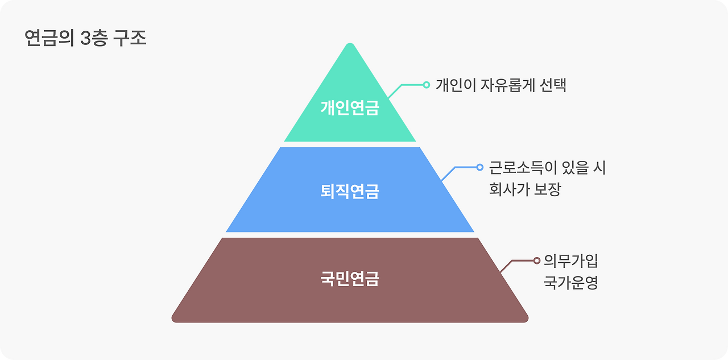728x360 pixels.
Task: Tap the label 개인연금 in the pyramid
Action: tap(349, 107)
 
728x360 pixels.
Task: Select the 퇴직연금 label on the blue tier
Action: tap(349, 191)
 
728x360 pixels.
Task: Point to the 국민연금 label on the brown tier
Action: tap(349, 279)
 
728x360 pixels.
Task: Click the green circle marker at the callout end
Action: tap(426, 85)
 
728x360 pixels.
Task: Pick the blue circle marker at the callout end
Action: tap(479, 167)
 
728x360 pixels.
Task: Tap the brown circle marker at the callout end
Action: tap(536, 260)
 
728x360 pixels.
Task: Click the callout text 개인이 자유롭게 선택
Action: tap(501, 85)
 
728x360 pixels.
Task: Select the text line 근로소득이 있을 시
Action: tap(547, 168)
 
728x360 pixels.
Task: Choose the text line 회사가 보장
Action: tap(525, 189)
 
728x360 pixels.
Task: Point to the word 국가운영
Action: tap(571, 283)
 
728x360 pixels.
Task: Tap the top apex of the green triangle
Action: tap(350, 45)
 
